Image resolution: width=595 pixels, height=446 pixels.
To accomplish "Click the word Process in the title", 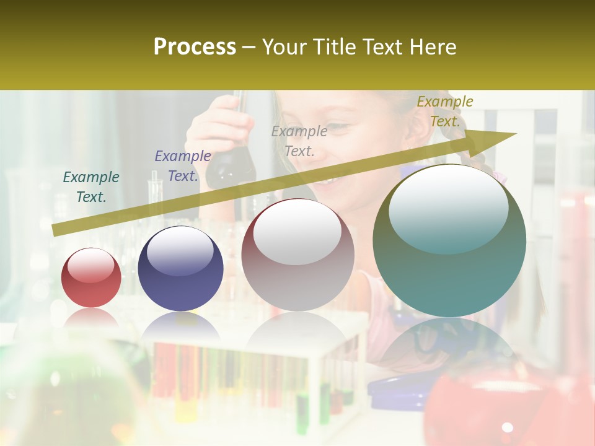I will [195, 47].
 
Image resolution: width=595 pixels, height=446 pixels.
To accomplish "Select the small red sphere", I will [91, 279].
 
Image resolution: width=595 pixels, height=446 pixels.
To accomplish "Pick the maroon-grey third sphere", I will [297, 255].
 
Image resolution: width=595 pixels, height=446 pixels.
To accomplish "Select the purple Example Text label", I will [183, 166].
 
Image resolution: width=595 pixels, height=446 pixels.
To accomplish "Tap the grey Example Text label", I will [299, 141].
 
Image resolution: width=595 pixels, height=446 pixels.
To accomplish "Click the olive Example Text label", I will [445, 111].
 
